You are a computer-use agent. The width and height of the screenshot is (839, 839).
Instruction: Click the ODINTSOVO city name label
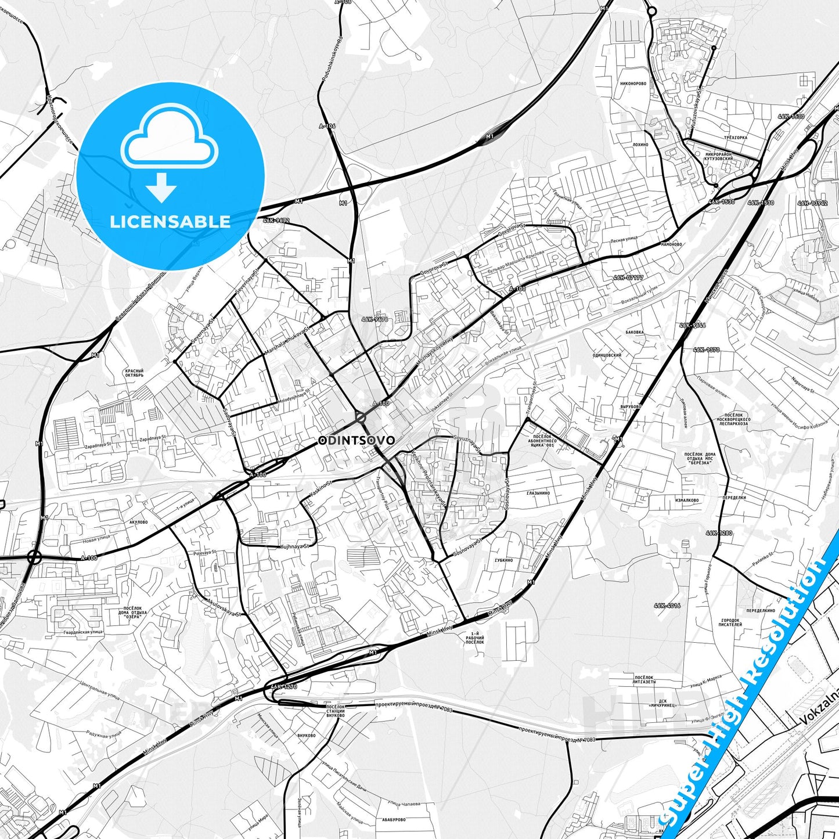point(357,441)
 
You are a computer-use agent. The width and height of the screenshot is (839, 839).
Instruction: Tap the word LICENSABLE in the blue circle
point(170,221)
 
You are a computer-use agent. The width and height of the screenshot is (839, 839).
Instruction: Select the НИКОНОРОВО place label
point(633,84)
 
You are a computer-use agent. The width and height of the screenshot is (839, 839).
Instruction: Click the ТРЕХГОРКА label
point(736,138)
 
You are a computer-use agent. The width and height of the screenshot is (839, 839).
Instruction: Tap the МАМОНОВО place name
point(671,244)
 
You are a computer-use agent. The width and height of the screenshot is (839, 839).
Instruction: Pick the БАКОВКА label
point(635,333)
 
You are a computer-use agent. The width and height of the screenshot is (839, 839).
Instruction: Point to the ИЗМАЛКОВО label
point(687,500)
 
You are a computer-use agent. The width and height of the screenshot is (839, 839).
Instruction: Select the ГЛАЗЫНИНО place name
point(538,493)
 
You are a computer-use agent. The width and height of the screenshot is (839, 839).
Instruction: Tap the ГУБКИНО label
point(503,560)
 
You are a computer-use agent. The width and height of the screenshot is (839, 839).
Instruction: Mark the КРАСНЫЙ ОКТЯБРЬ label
point(134,373)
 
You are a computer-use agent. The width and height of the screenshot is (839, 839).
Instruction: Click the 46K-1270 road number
point(285,686)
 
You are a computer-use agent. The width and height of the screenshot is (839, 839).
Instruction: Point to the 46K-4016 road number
point(667,606)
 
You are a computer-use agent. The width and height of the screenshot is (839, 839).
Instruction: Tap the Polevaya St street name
point(205,553)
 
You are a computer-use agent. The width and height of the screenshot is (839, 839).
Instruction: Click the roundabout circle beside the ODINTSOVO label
point(361,417)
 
